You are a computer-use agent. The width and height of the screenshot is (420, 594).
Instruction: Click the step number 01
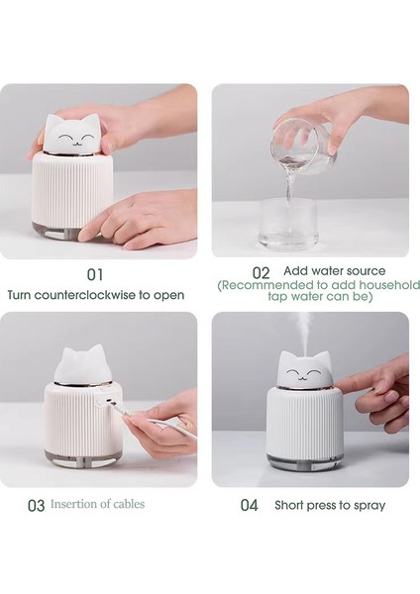(x=95, y=274)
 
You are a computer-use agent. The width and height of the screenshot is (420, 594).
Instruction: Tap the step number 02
(x=261, y=273)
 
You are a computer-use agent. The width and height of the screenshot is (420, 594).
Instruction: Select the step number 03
(x=37, y=506)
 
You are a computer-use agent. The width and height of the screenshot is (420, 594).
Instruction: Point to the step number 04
(x=249, y=505)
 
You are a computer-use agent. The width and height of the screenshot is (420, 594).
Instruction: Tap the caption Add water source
(x=335, y=271)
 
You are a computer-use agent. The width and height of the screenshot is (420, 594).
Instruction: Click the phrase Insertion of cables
(x=97, y=504)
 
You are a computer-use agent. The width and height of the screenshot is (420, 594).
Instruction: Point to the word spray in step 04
(x=369, y=506)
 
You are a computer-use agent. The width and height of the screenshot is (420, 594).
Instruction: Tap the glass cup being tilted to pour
(x=303, y=147)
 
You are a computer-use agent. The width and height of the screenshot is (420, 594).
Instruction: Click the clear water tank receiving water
(x=287, y=225)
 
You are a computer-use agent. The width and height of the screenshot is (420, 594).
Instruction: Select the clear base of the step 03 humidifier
(x=79, y=457)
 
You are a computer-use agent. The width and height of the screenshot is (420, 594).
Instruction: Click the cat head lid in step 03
(x=81, y=364)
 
